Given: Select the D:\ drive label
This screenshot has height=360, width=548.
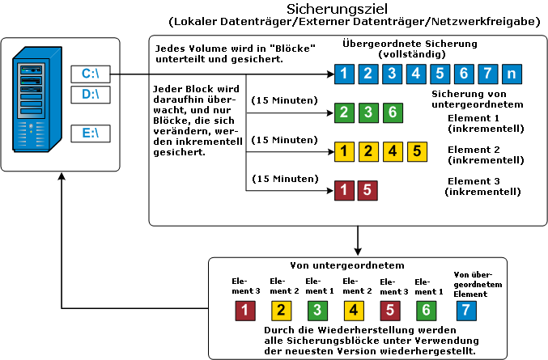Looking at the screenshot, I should pos(90,95).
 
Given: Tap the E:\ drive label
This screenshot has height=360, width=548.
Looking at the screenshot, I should pos(90,133).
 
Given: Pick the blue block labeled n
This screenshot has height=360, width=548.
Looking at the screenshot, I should pos(511,74).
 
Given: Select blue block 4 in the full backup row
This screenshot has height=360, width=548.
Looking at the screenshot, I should pos(416,74).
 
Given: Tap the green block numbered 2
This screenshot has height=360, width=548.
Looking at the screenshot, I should pos(345,112).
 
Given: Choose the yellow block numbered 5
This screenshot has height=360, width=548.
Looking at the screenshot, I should pos(416,150).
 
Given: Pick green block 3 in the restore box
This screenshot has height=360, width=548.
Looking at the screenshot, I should pos(318,308).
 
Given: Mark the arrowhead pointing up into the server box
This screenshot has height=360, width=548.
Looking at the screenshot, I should pos(62,177).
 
